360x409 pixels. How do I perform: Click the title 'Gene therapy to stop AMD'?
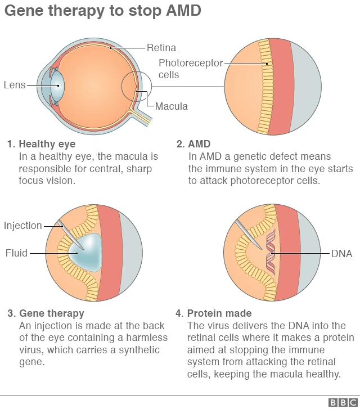[x=103, y=11]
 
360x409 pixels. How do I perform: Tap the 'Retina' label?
[x=161, y=48]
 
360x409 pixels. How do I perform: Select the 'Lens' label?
[x=15, y=85]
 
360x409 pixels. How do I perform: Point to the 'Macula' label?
[x=172, y=106]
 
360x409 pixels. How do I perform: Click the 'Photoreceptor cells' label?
[x=191, y=68]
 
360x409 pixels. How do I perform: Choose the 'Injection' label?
[x=23, y=226]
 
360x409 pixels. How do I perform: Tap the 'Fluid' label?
[x=16, y=253]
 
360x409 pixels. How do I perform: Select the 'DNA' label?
[x=341, y=254]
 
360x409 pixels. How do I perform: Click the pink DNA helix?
[x=271, y=254]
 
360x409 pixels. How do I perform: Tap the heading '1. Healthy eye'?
[x=41, y=144]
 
